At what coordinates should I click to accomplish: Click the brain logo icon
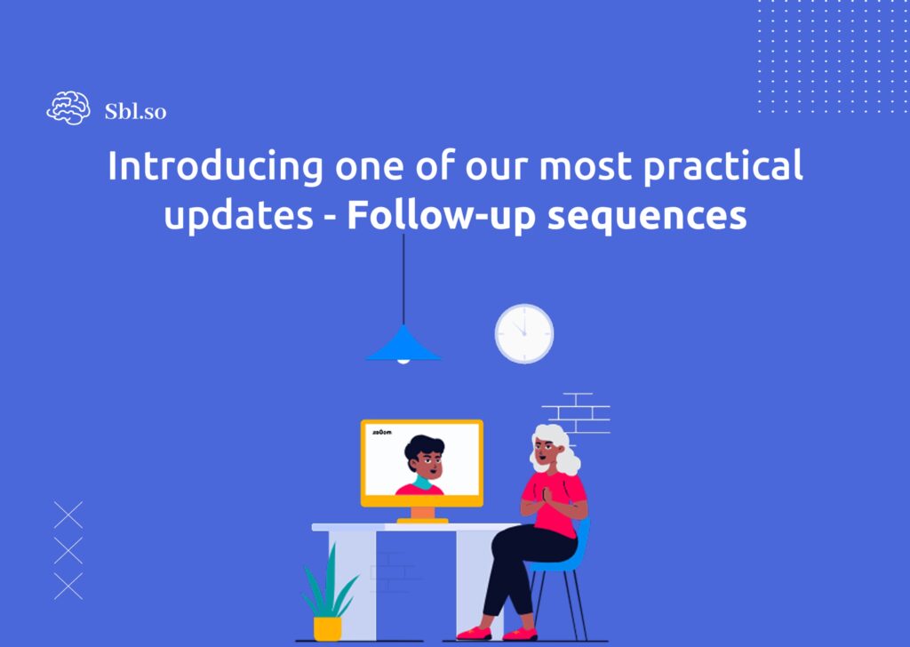click(x=68, y=109)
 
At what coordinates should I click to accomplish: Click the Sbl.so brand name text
click(x=135, y=111)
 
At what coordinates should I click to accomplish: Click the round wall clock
click(x=524, y=333)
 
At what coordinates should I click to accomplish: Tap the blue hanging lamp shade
click(x=403, y=345)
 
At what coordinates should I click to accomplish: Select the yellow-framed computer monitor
click(x=422, y=463)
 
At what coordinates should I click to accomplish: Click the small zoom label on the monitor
click(x=382, y=432)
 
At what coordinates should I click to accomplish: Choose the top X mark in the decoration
click(x=68, y=515)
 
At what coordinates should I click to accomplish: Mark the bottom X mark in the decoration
click(x=68, y=586)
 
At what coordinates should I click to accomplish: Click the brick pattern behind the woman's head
click(x=578, y=413)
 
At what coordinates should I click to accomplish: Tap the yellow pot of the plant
click(x=327, y=627)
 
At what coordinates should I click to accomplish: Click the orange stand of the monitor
click(x=422, y=515)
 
